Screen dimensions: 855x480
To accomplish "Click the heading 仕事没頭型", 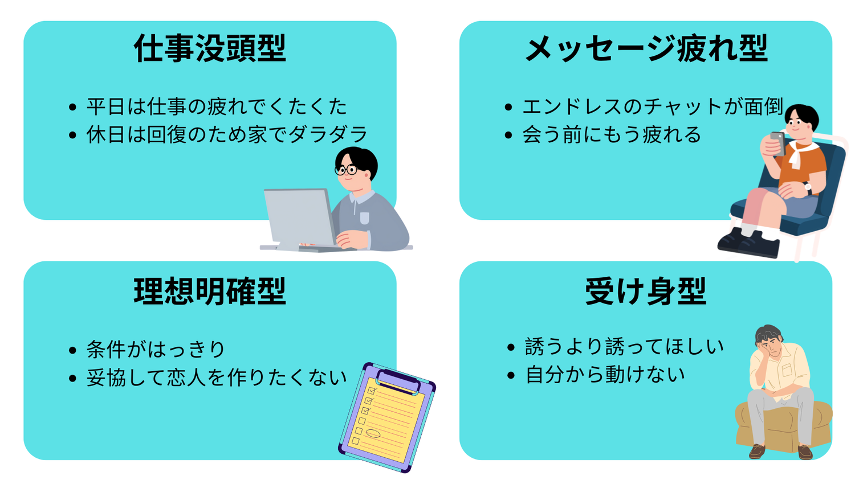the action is click(210, 48).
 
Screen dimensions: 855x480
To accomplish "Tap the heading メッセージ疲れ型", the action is click(646, 48).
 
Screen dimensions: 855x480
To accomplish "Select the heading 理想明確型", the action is click(210, 292).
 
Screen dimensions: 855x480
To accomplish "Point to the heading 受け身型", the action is click(645, 292).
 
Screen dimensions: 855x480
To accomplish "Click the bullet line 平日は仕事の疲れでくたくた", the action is click(217, 106).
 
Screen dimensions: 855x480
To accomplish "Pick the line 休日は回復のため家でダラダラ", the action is click(227, 134).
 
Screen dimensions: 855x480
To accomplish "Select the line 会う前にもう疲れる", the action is click(612, 134).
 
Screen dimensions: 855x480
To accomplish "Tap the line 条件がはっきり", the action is click(156, 349).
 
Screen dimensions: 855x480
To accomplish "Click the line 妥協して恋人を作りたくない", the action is click(217, 378).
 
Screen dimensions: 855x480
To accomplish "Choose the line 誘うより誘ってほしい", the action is click(625, 347).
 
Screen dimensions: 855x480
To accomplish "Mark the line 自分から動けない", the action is click(605, 375).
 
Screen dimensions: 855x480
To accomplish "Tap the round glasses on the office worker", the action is click(346, 170).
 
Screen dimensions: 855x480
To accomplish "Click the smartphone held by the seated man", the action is click(777, 143).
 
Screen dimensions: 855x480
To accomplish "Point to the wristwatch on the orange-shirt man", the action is click(808, 188).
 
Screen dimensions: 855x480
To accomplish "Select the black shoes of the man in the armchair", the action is click(748, 243).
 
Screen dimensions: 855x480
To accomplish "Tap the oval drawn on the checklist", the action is click(373, 433).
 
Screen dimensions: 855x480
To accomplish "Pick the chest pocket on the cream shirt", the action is click(787, 370).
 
